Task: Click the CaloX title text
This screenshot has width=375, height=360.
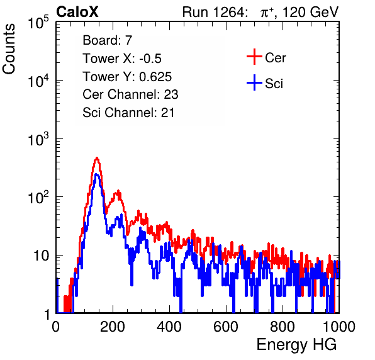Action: click(x=77, y=12)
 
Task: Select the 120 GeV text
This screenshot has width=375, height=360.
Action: click(x=311, y=12)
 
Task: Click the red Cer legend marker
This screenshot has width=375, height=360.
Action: click(x=254, y=57)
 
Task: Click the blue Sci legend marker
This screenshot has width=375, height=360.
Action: click(x=254, y=83)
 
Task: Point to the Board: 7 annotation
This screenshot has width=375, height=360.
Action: click(x=108, y=40)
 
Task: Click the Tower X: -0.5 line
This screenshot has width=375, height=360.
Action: click(x=122, y=59)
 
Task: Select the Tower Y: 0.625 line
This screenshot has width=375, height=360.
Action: click(x=127, y=77)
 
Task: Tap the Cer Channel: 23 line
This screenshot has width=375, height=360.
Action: click(x=130, y=94)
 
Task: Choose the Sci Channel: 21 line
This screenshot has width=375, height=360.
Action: click(x=128, y=113)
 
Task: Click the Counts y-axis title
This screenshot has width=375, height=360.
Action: click(x=9, y=49)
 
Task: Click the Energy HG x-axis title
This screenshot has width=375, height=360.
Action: click(x=296, y=345)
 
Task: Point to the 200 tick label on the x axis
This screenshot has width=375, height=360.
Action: click(x=113, y=327)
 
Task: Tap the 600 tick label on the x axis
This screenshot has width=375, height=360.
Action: click(x=226, y=327)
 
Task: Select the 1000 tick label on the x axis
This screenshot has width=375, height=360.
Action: click(x=339, y=327)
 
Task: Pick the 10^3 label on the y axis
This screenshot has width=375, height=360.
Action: click(x=38, y=139)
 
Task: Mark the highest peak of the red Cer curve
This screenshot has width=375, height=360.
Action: click(x=97, y=158)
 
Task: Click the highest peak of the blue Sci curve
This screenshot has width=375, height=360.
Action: click(x=96, y=174)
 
